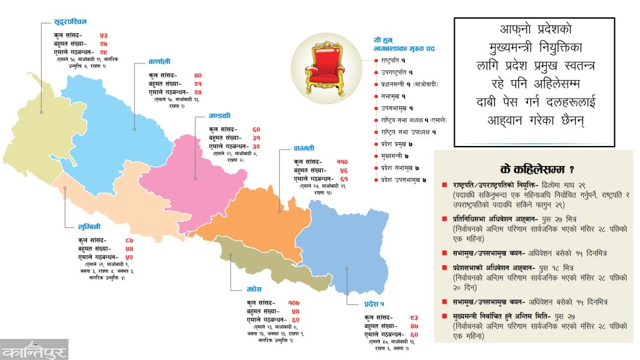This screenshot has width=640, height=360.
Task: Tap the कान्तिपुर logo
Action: click(35, 352)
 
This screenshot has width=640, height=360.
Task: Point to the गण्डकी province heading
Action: click(220, 116)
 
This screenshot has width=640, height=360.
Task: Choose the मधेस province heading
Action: click(255, 290)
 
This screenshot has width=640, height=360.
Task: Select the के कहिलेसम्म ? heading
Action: click(532, 168)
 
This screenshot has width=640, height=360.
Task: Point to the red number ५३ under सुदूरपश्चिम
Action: click(103, 34)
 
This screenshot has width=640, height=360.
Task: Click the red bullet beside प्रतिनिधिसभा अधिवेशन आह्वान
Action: click(445, 219)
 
